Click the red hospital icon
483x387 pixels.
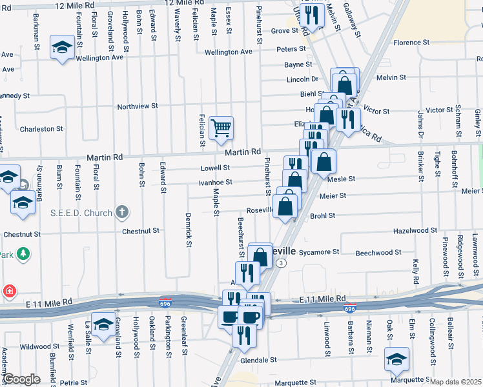coord(10,291)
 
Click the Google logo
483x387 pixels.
coord(21,379)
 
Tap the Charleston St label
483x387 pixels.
coord(41,129)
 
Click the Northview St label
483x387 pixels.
coord(137,106)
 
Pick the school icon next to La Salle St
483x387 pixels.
coord(103,324)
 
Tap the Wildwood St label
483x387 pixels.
coord(39,346)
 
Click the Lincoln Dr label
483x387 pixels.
coord(303,79)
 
